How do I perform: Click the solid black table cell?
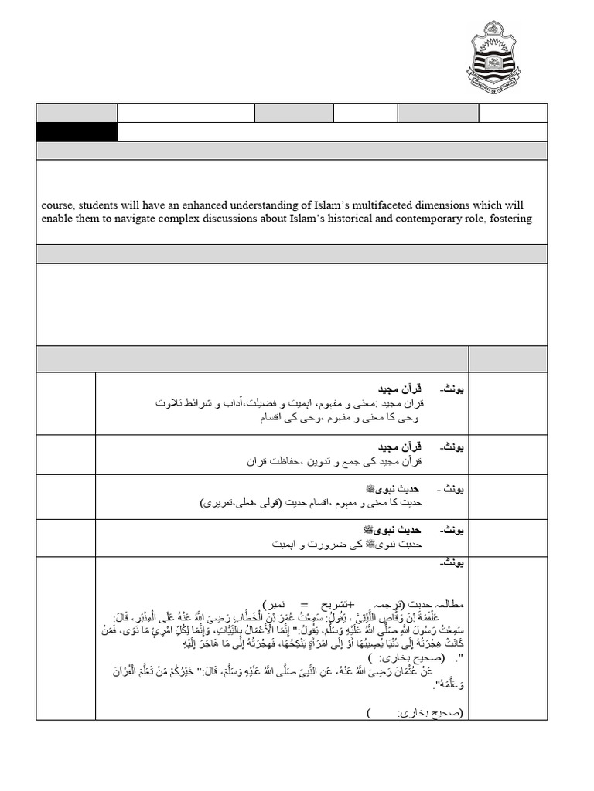coord(77,132)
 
